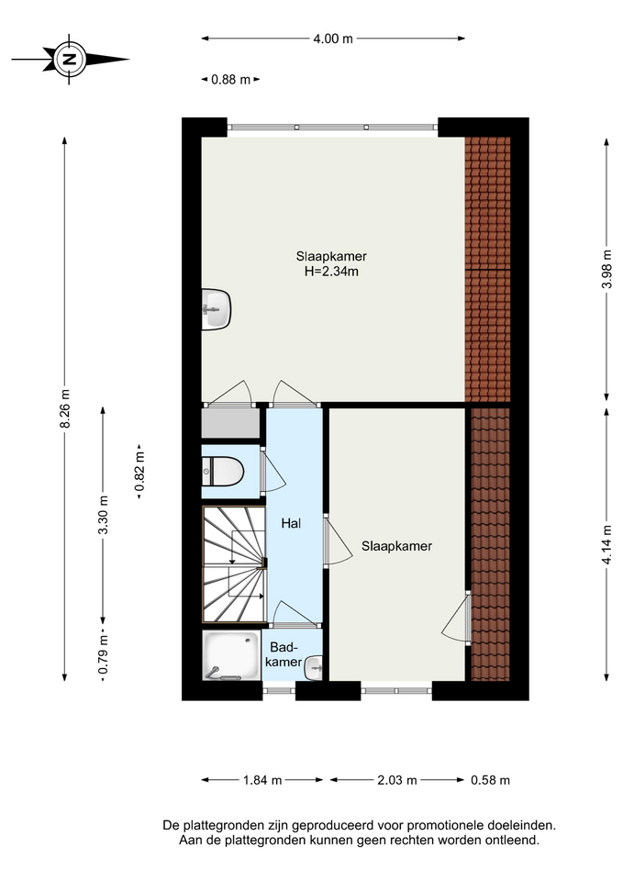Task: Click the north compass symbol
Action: (x=70, y=59)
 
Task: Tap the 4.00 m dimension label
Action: (x=333, y=39)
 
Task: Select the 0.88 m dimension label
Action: (x=230, y=80)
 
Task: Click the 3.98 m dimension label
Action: (x=606, y=269)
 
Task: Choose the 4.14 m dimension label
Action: (x=606, y=544)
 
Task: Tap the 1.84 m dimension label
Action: (x=262, y=780)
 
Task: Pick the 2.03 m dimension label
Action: (x=397, y=780)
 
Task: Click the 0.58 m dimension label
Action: (x=491, y=780)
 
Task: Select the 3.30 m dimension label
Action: (x=103, y=517)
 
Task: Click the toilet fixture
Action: (x=222, y=471)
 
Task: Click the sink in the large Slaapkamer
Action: (x=217, y=309)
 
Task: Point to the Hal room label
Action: (x=291, y=524)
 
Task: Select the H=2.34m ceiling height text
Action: (x=331, y=272)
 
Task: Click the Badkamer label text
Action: (x=284, y=654)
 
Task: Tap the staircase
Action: (x=234, y=564)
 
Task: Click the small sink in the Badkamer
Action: (x=314, y=667)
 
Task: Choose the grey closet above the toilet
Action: (x=230, y=423)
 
